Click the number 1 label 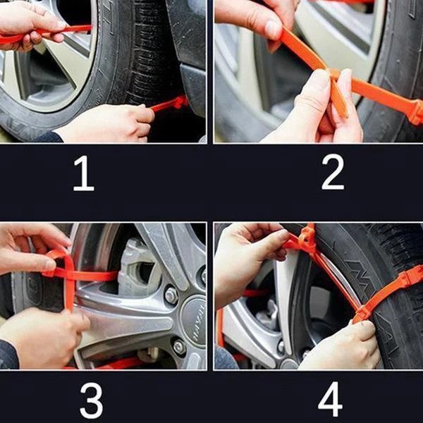tap(83, 175)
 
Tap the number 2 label tap(332, 173)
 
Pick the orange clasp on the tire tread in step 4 tap(409, 278)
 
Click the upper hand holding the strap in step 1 tap(28, 25)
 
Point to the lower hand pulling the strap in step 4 tap(338, 345)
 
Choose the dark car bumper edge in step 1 tap(190, 78)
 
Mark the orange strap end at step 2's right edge tap(415, 111)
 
